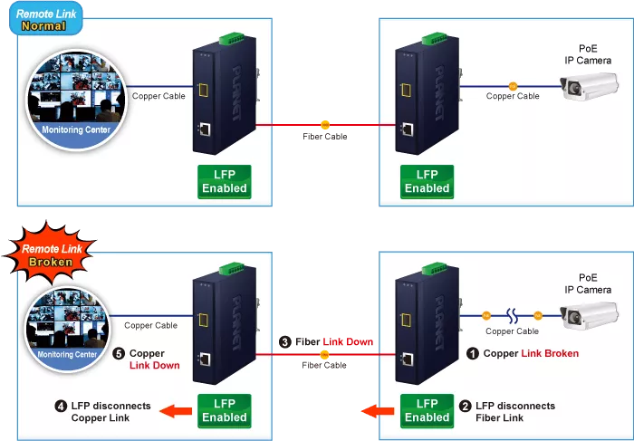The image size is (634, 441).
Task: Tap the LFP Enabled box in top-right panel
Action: coord(427,181)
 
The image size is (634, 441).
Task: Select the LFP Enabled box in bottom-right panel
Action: coord(427,410)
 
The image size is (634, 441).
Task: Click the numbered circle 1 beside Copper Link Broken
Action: coord(472,353)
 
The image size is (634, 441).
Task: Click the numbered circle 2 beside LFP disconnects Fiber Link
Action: coord(465,407)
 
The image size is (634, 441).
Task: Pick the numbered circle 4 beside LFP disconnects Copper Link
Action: coord(61,407)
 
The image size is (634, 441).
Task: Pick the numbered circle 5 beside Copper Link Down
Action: coord(119,353)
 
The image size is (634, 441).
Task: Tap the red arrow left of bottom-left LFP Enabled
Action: coord(178,412)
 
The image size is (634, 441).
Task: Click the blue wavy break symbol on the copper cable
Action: coord(512,315)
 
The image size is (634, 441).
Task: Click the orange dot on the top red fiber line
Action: coord(324,124)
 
